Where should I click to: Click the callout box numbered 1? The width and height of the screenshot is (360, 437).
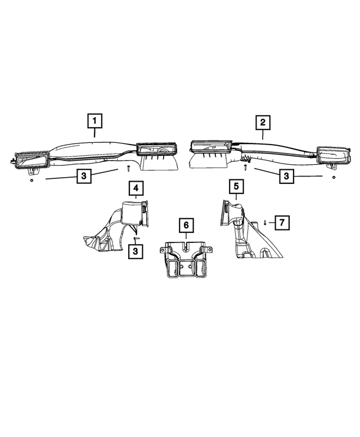point(94,120)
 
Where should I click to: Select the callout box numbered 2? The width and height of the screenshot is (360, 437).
point(262,121)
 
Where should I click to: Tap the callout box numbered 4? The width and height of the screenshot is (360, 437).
point(136,187)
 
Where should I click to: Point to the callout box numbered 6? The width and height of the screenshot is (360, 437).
point(185,226)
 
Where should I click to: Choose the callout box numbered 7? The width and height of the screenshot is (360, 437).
point(282,222)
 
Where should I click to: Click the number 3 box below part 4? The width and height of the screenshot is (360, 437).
point(136,251)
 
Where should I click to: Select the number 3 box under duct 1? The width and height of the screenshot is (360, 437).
point(83,177)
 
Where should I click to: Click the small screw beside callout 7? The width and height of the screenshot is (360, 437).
point(265,223)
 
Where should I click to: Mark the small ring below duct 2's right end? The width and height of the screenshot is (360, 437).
point(334,178)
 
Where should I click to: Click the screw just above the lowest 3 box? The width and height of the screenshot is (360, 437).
point(136,240)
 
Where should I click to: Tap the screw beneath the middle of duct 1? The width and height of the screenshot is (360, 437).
point(128,168)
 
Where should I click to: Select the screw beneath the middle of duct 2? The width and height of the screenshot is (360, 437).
point(246,166)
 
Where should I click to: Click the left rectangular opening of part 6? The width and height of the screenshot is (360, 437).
point(173,268)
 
